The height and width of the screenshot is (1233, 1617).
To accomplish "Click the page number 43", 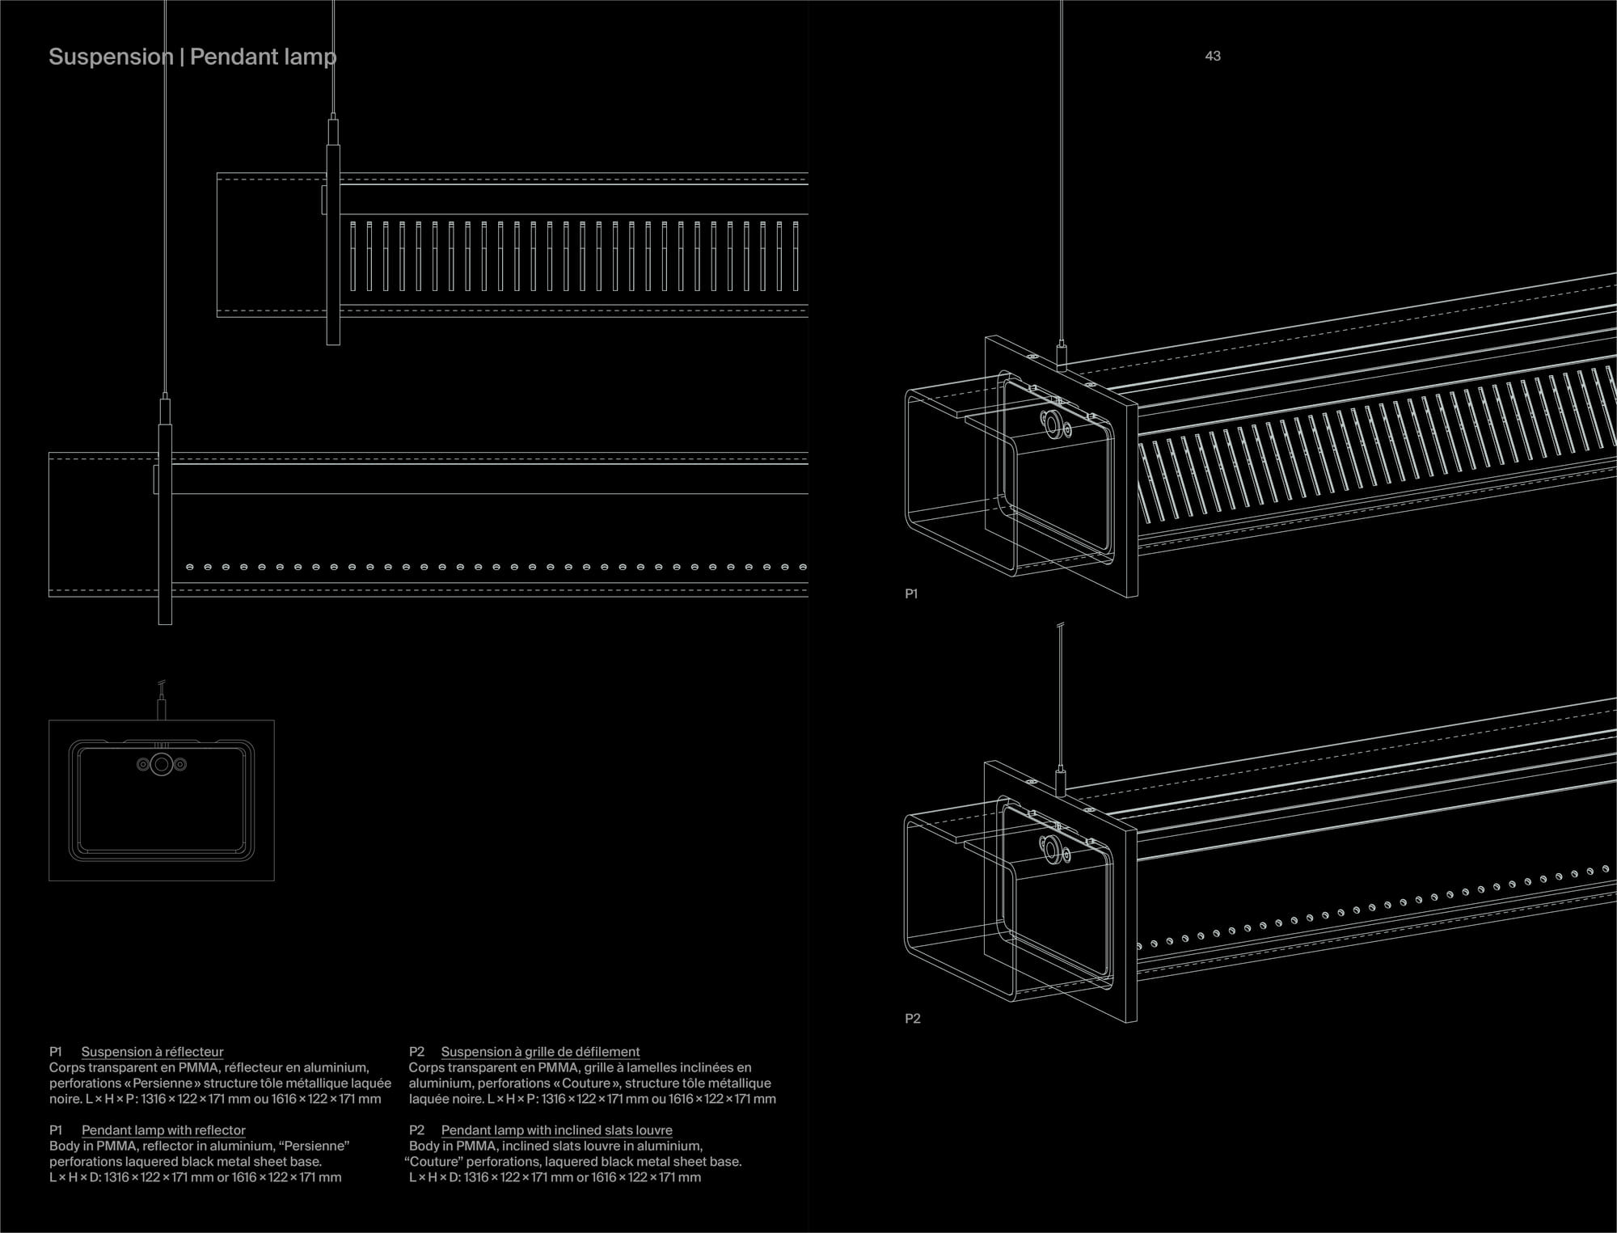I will [x=1212, y=56].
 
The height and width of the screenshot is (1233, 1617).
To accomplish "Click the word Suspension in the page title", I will [x=111, y=57].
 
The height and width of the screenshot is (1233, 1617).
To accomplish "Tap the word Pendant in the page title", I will [x=228, y=57].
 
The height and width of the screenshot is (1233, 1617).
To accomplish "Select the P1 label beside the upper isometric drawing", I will [x=911, y=594].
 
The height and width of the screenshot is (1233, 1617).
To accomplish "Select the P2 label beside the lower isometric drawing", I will [x=913, y=1019].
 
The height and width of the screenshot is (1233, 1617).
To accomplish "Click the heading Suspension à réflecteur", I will [x=152, y=1052].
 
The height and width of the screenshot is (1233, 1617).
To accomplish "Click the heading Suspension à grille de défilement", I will [x=540, y=1052].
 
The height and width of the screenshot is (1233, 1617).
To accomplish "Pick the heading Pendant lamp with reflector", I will [x=163, y=1130].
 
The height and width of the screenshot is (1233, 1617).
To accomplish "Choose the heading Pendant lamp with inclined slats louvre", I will [x=556, y=1130].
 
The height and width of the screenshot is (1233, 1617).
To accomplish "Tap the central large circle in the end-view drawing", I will [x=162, y=764].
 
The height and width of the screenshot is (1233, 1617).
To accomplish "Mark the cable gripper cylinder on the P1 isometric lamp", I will [x=1062, y=357].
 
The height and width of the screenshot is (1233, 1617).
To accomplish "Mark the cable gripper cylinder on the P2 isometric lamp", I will [x=1062, y=782].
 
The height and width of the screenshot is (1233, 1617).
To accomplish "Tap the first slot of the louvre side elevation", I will [x=353, y=255].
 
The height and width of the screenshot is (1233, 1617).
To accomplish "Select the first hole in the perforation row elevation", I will [x=189, y=567].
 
